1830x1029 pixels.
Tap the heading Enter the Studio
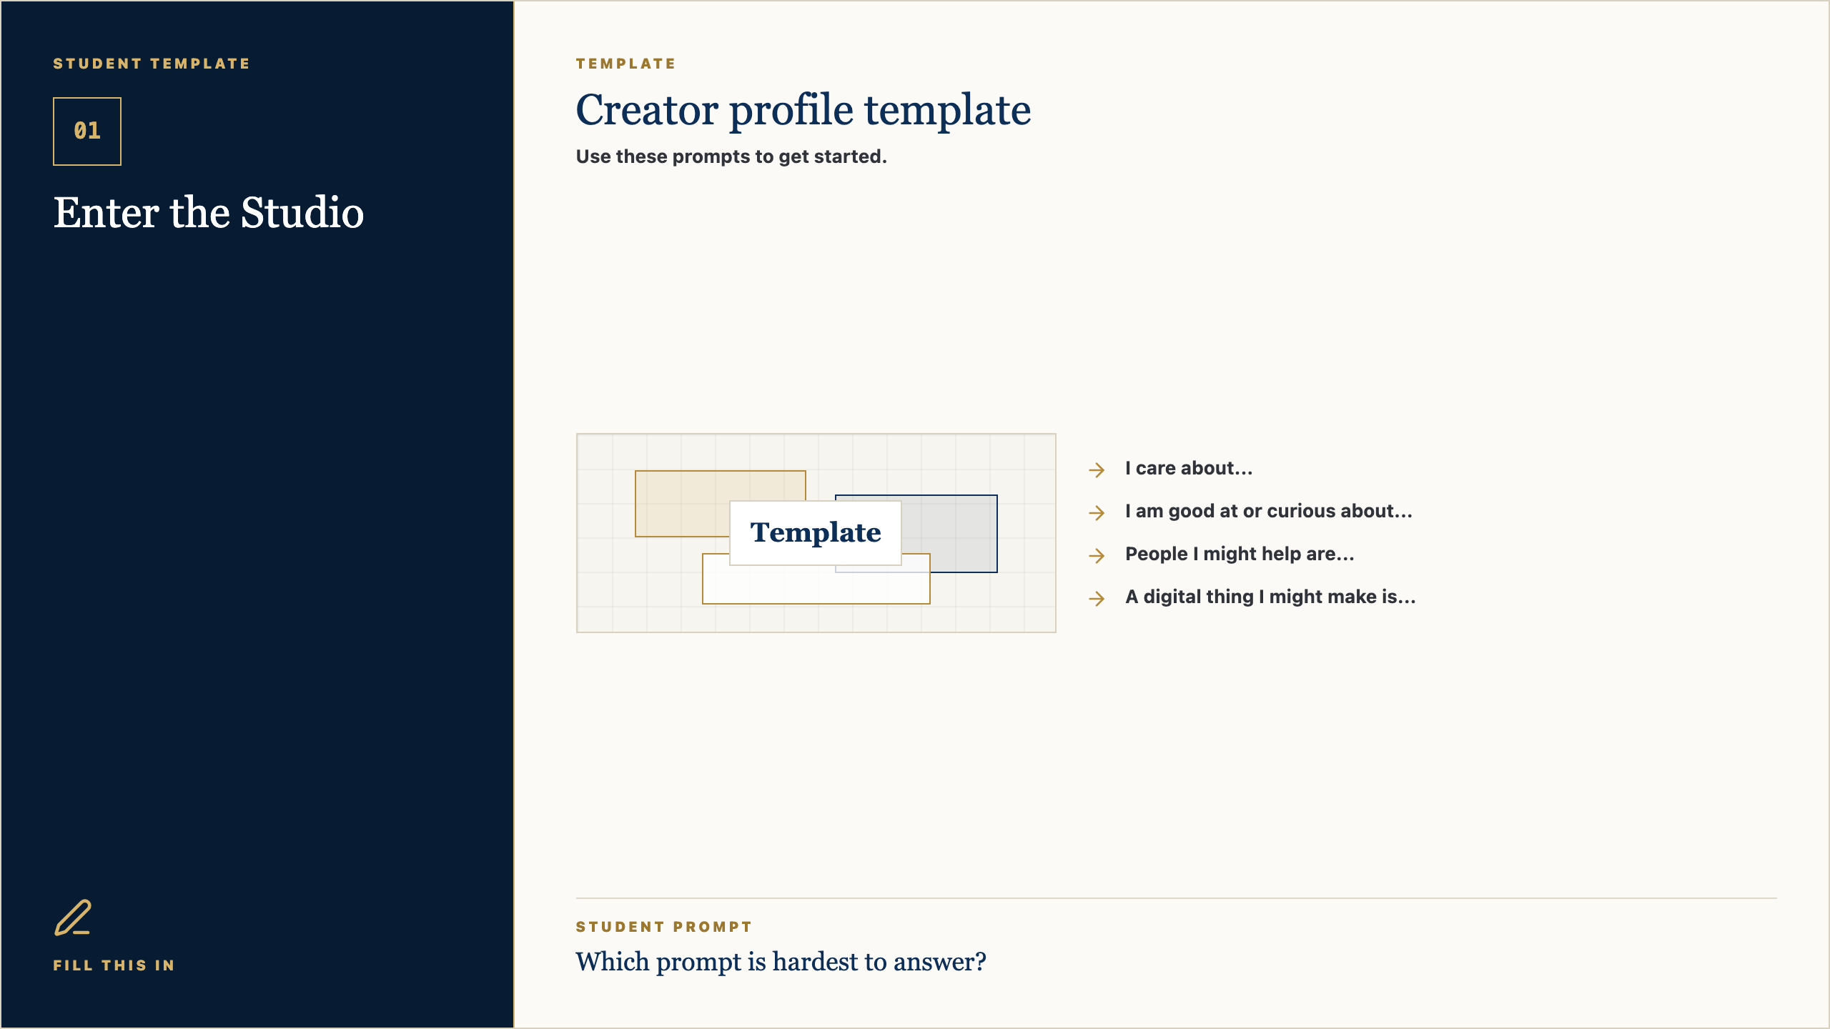209,213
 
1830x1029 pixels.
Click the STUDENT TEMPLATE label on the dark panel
152,64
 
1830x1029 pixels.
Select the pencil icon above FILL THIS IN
73,918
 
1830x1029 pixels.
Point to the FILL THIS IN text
114,965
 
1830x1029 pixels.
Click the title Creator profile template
803,110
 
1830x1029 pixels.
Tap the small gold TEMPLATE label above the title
625,64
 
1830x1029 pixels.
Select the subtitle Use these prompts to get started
731,156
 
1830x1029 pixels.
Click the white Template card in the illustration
816,533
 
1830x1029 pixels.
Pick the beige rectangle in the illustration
683,504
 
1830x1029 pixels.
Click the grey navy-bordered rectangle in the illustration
951,533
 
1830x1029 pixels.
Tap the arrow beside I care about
1097,469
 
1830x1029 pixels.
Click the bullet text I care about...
1189,468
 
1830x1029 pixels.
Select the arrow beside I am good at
1097,512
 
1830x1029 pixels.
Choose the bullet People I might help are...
1240,554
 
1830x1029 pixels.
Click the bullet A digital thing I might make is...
1270,597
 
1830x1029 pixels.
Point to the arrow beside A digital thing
1097,598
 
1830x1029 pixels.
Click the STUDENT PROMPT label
664,927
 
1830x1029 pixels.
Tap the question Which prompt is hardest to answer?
781,962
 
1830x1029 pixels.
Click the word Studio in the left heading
302,213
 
